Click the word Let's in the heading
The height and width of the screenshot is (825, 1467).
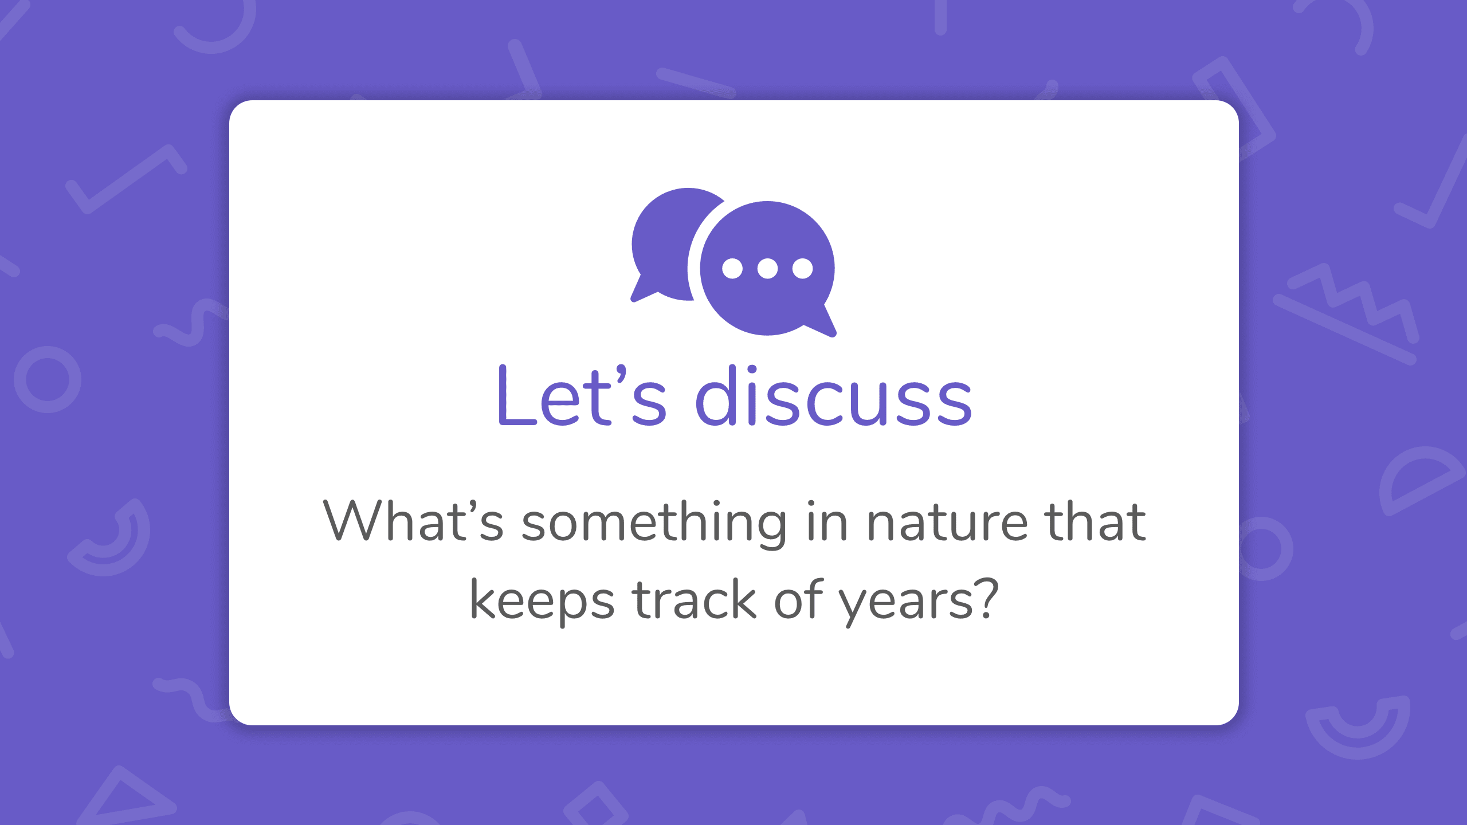click(x=582, y=395)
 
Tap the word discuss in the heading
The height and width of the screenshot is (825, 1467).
click(x=834, y=395)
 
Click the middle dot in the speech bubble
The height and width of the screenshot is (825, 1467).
click(x=767, y=268)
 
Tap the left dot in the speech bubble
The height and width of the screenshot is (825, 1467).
click(x=732, y=268)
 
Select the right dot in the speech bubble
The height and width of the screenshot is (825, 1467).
click(x=802, y=268)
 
